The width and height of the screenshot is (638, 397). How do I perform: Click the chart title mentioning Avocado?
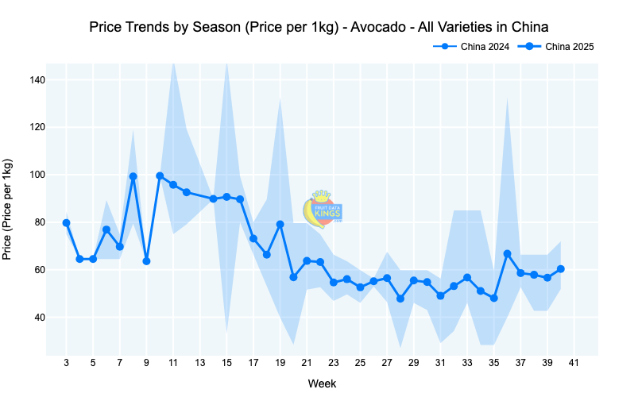click(x=319, y=27)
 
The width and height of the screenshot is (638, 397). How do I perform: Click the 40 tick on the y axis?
click(x=38, y=318)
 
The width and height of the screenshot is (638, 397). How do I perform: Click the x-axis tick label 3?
click(x=66, y=364)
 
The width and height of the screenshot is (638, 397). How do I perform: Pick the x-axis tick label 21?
click(x=307, y=364)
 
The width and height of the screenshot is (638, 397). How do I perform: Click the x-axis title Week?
click(x=322, y=384)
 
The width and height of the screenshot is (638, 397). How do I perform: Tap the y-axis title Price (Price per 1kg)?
click(x=8, y=210)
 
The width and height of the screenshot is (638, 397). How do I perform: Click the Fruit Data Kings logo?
click(x=323, y=208)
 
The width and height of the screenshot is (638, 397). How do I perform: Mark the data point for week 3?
click(x=66, y=223)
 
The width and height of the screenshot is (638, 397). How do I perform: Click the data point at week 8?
click(x=133, y=176)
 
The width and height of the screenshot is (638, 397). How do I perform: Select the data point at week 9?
click(x=146, y=261)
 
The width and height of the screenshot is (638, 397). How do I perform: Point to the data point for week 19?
click(x=280, y=224)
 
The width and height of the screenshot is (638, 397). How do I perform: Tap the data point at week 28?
click(x=400, y=299)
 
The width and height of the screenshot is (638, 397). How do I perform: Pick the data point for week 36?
click(x=507, y=253)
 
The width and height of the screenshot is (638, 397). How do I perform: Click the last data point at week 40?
click(x=561, y=268)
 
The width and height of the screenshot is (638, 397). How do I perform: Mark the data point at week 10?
click(x=160, y=175)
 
